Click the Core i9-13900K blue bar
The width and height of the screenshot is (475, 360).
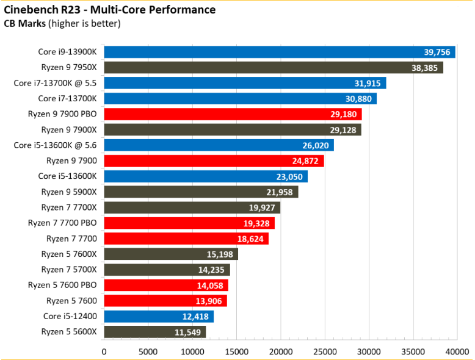click(280, 52)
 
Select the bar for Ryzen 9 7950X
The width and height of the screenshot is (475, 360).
click(274, 68)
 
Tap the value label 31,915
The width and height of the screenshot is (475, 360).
click(368, 83)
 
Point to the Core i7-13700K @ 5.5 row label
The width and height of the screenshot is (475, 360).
click(55, 83)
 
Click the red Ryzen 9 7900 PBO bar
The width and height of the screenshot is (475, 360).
click(233, 114)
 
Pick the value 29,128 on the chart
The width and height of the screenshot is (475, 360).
click(343, 130)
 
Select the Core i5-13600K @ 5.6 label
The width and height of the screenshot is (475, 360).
click(55, 145)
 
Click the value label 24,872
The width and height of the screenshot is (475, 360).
click(305, 161)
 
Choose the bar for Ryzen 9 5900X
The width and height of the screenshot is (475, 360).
click(201, 192)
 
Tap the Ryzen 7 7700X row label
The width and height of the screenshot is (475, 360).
click(69, 207)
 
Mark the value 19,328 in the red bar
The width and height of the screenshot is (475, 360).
click(256, 223)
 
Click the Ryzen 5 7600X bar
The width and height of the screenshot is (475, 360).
click(171, 254)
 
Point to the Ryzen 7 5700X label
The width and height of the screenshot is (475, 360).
click(69, 270)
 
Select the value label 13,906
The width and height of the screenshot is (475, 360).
click(209, 301)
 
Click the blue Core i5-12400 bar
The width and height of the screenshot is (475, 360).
click(159, 317)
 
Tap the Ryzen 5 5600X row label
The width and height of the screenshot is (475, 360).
click(69, 331)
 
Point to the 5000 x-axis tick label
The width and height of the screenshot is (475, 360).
click(148, 352)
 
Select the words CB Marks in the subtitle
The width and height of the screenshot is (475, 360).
click(25, 23)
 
